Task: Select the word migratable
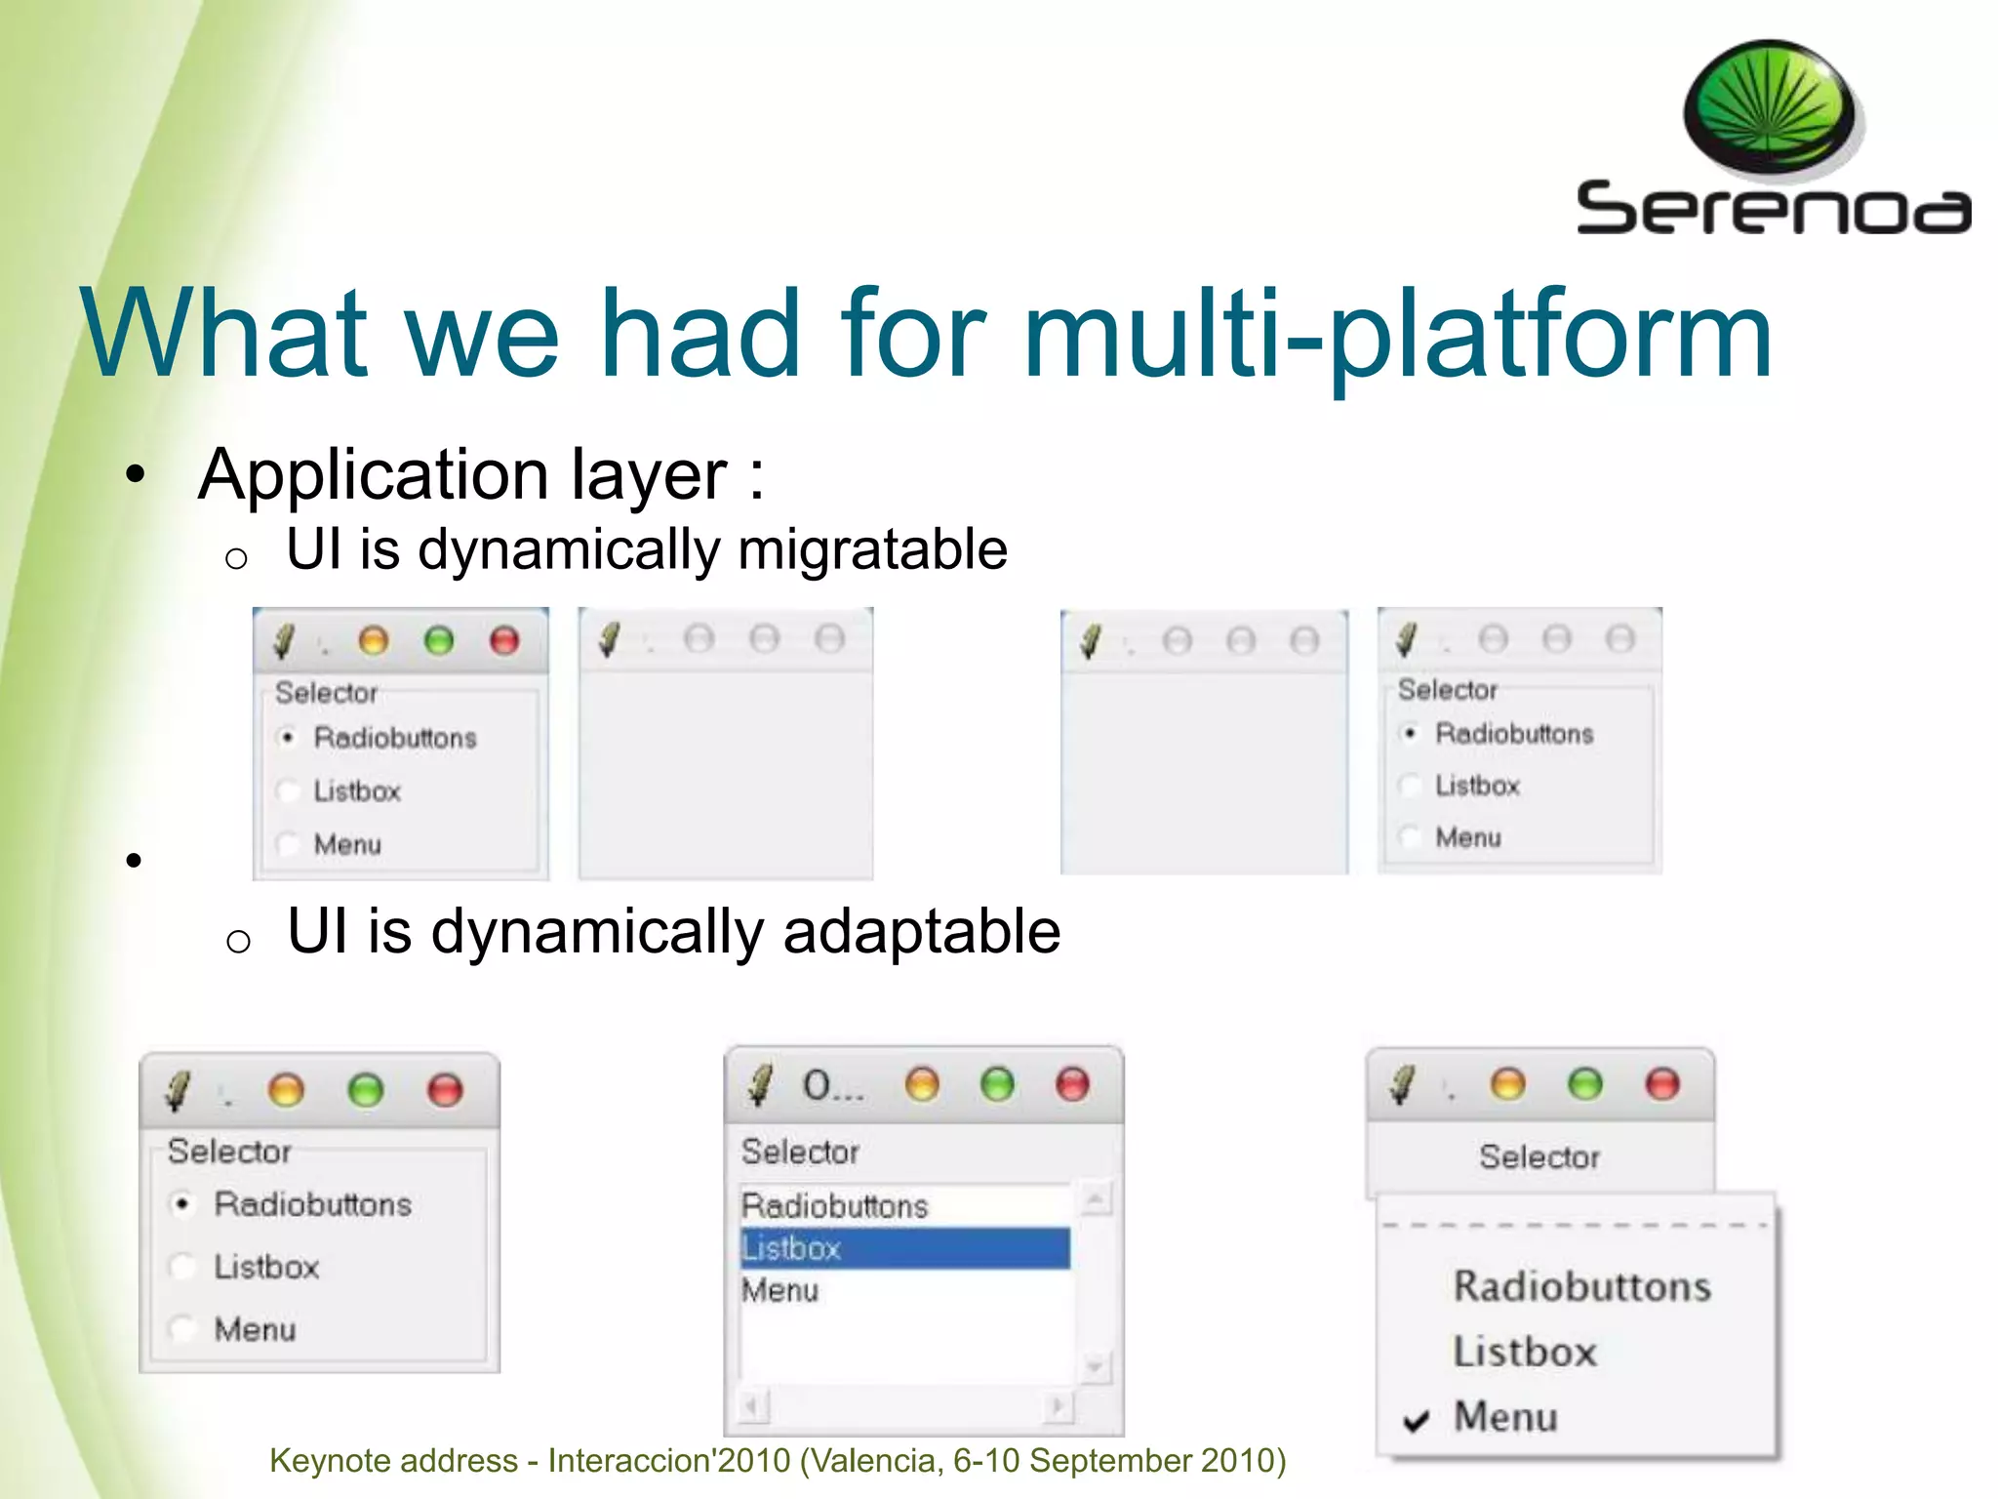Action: click(872, 549)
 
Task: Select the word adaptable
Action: click(921, 931)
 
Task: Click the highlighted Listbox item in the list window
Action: click(791, 1248)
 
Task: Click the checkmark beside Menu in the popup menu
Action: click(1416, 1421)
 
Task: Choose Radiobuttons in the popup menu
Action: click(1580, 1286)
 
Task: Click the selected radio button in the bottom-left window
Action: click(182, 1204)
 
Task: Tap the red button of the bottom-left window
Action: click(445, 1089)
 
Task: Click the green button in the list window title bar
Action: click(997, 1084)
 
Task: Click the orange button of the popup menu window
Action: click(1507, 1084)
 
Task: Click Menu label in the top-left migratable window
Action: click(347, 844)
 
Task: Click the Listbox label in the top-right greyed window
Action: click(1477, 786)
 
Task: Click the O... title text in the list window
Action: click(832, 1086)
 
